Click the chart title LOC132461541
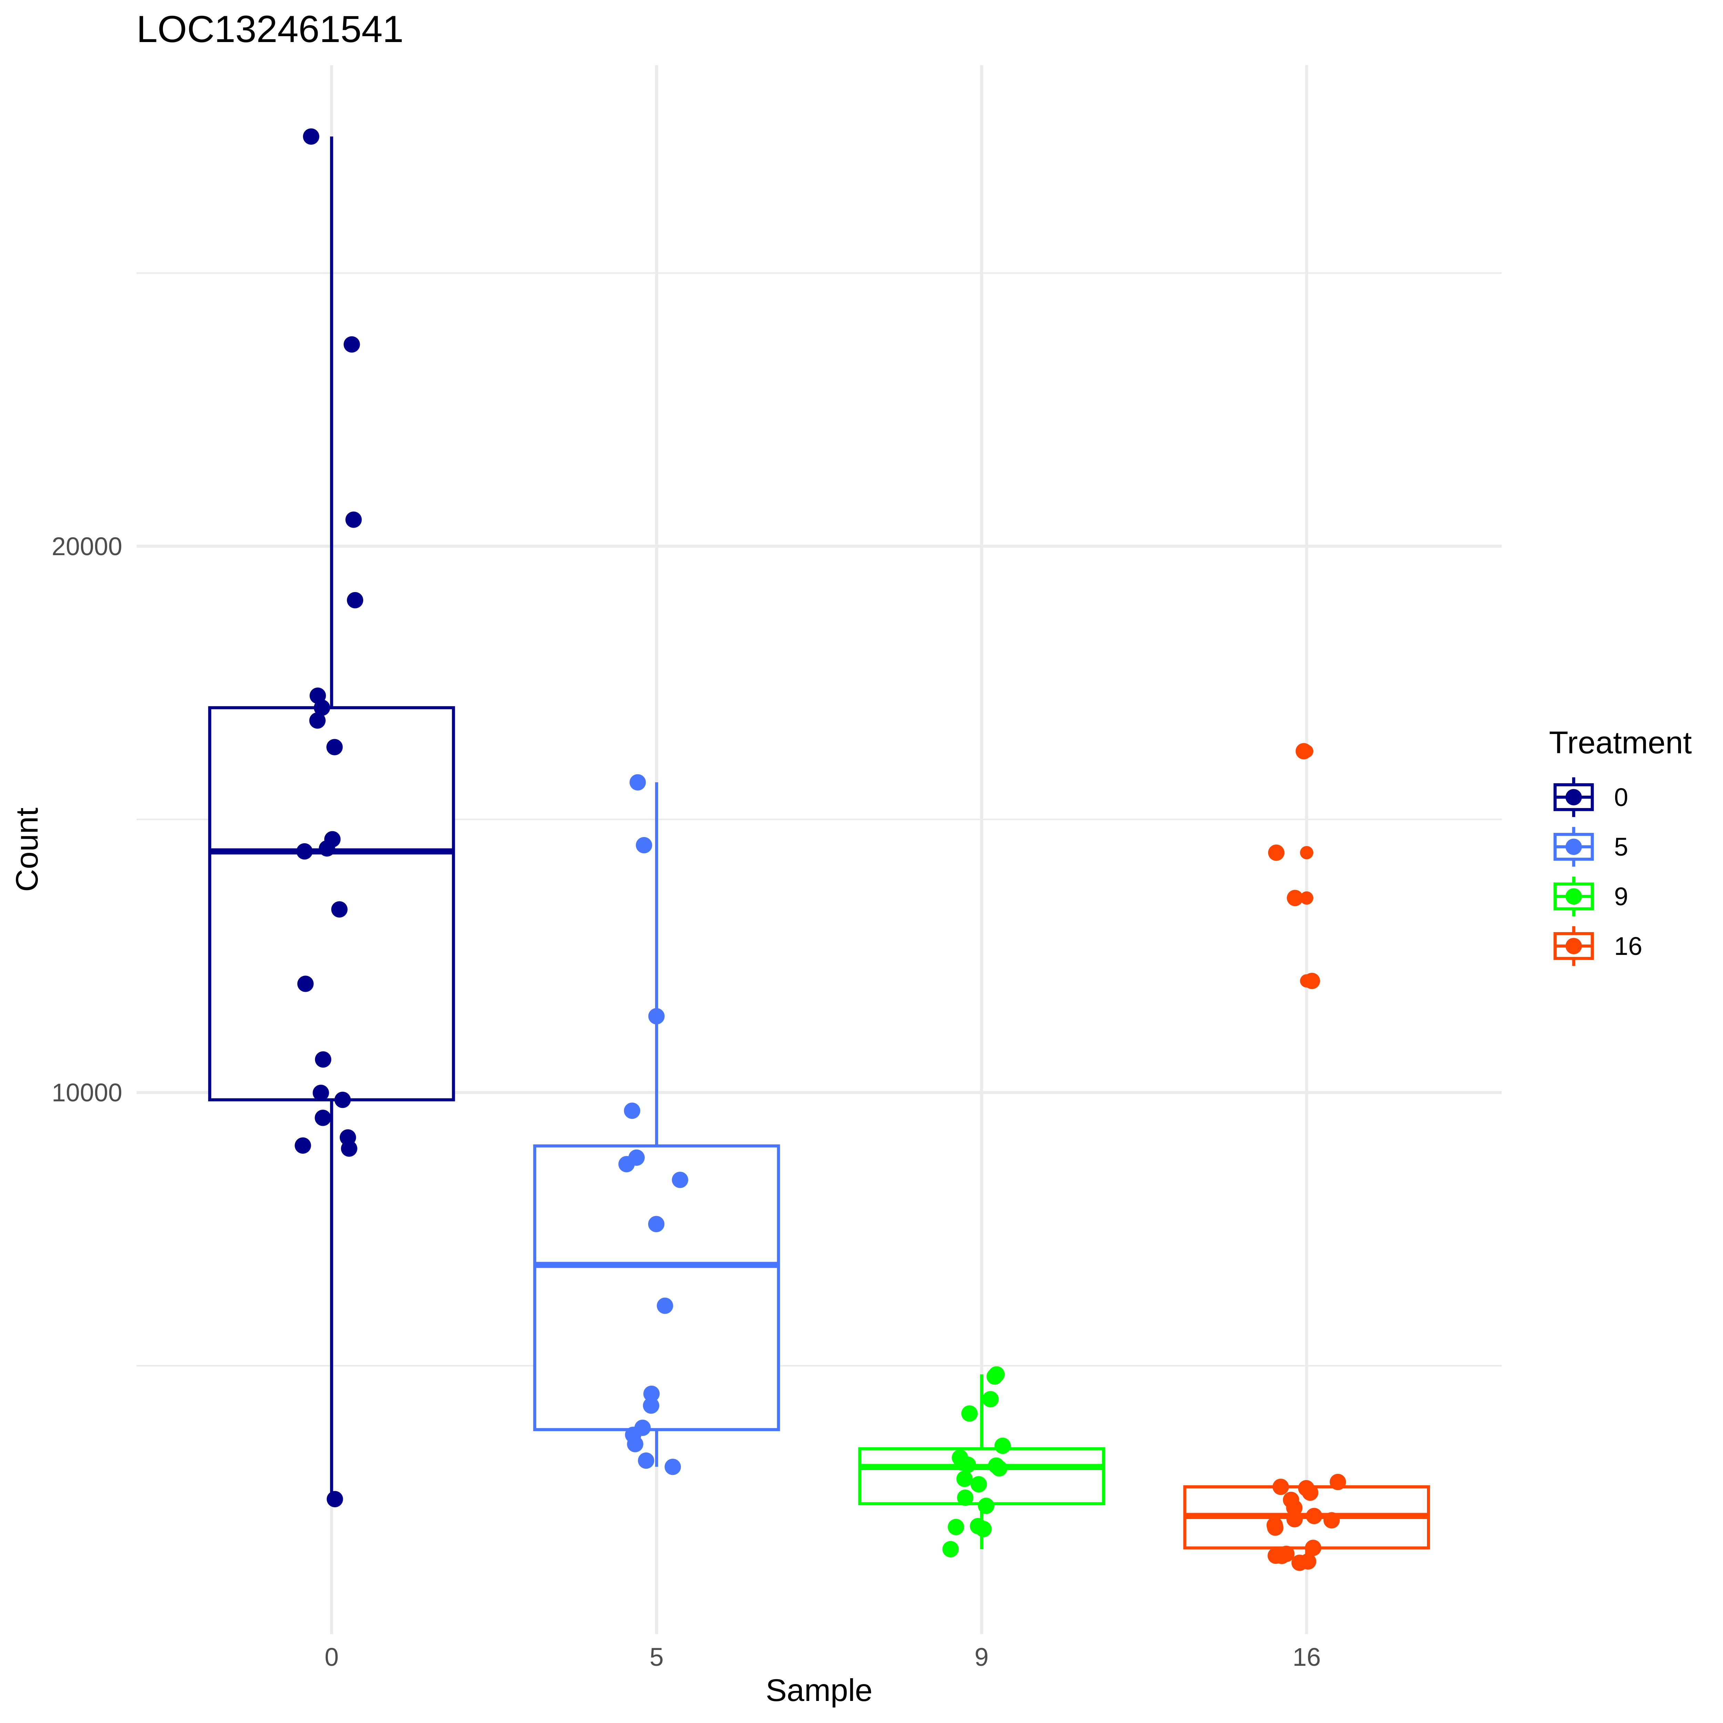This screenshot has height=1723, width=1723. (x=269, y=30)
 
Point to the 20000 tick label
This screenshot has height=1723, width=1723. (x=86, y=547)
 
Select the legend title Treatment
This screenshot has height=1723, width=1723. (x=1620, y=743)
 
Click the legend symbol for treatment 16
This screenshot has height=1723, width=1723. (x=1573, y=945)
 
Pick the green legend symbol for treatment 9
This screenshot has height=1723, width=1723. (x=1573, y=896)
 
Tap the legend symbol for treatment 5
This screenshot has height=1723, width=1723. (x=1573, y=846)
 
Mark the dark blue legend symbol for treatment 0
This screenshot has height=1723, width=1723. (x=1573, y=796)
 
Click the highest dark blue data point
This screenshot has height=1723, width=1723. (x=311, y=136)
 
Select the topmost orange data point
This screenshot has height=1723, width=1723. (x=1304, y=751)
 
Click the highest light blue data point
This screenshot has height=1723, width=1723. (x=638, y=782)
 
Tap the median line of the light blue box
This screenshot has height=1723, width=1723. (x=656, y=1265)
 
